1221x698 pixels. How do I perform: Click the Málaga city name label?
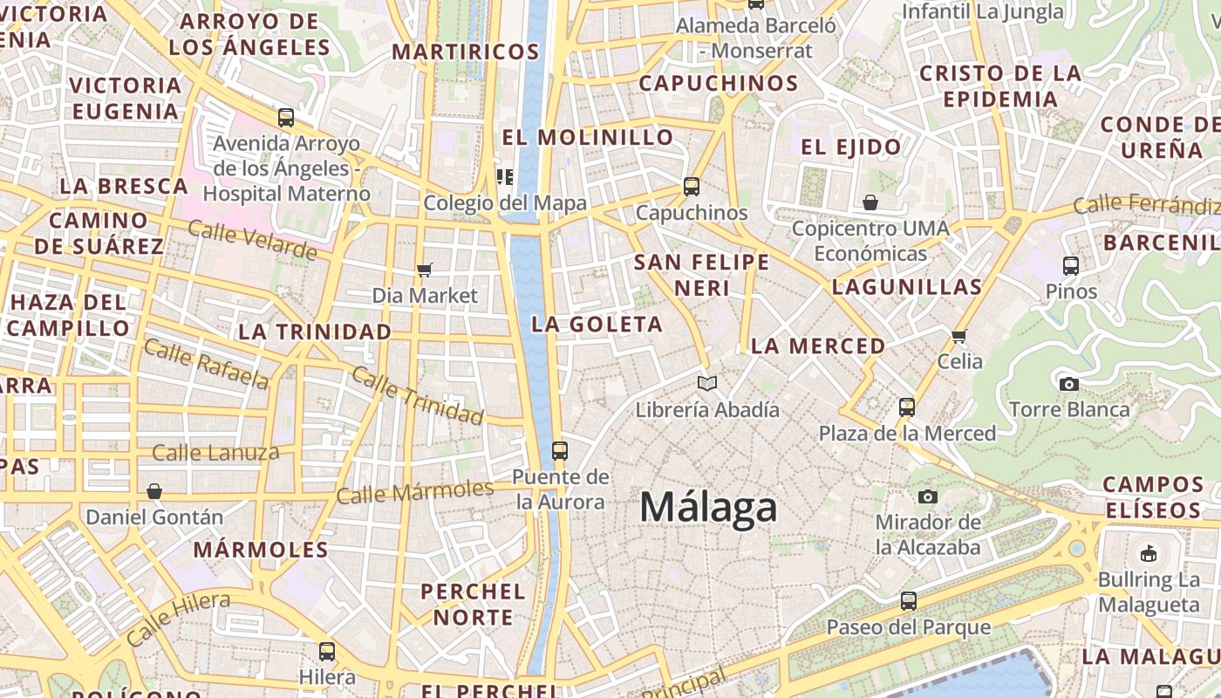pyautogui.click(x=708, y=508)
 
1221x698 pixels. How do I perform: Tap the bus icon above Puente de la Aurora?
pyautogui.click(x=560, y=451)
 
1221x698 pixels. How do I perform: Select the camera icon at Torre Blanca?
pyautogui.click(x=1068, y=384)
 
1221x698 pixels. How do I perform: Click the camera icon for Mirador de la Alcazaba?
pyautogui.click(x=928, y=497)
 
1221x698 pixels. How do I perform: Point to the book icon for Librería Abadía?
pyautogui.click(x=707, y=383)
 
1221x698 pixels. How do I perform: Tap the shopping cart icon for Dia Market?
pyautogui.click(x=425, y=270)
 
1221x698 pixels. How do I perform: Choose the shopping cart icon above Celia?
pyautogui.click(x=959, y=336)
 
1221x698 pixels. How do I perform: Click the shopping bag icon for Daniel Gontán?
pyautogui.click(x=154, y=492)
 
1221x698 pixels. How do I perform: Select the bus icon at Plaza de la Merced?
pyautogui.click(x=907, y=407)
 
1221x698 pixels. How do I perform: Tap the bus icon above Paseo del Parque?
pyautogui.click(x=909, y=601)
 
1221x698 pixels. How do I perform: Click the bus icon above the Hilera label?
pyautogui.click(x=327, y=651)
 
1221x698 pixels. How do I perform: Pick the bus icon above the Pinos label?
pyautogui.click(x=1071, y=266)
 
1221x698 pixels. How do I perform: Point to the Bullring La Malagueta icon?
pyautogui.click(x=1149, y=553)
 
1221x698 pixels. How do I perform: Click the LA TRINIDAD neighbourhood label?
pyautogui.click(x=315, y=332)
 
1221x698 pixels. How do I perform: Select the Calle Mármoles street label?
pyautogui.click(x=415, y=492)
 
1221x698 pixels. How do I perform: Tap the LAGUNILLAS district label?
pyautogui.click(x=907, y=287)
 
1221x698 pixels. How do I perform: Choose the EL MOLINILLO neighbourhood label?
pyautogui.click(x=588, y=137)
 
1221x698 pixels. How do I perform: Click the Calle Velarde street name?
pyautogui.click(x=252, y=241)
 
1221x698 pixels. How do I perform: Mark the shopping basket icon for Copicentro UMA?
pyautogui.click(x=870, y=203)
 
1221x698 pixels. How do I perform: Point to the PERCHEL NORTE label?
pyautogui.click(x=474, y=604)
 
